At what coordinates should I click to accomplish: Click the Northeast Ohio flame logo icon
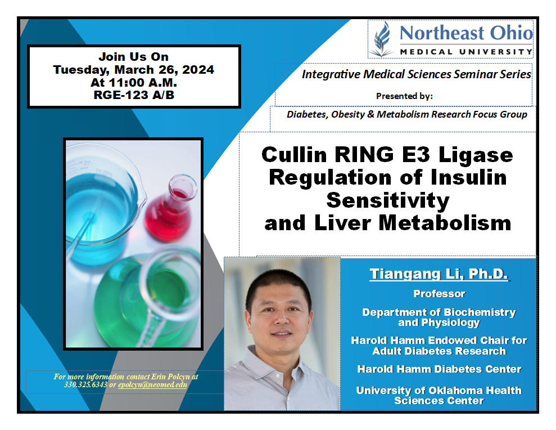coord(382,39)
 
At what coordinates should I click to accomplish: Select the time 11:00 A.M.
coord(143,82)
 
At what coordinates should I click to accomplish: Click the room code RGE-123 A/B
coord(134,95)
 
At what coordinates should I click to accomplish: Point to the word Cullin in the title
coord(294,155)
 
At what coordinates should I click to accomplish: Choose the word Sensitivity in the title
coord(387,200)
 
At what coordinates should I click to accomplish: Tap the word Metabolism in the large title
coord(445,223)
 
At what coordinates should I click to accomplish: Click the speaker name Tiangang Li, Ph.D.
coord(439,274)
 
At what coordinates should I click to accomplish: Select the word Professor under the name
coord(439,294)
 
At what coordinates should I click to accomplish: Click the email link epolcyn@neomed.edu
coord(152,384)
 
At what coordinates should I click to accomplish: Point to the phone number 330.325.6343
coord(85,384)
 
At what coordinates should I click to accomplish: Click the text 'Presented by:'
coord(404,96)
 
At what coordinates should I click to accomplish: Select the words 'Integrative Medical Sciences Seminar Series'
coord(416,74)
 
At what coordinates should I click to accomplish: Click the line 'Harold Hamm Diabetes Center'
coord(439,369)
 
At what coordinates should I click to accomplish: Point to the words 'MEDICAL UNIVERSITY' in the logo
coord(466,52)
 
